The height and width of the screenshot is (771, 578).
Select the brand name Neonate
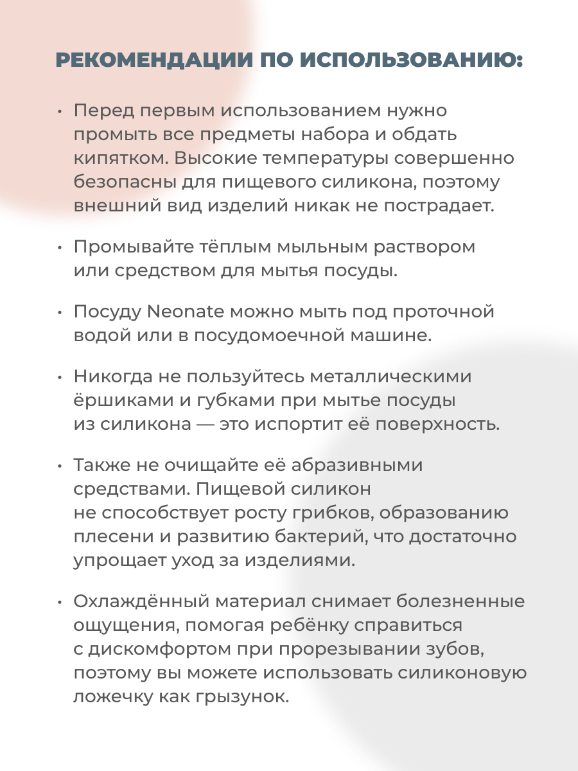point(186,312)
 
